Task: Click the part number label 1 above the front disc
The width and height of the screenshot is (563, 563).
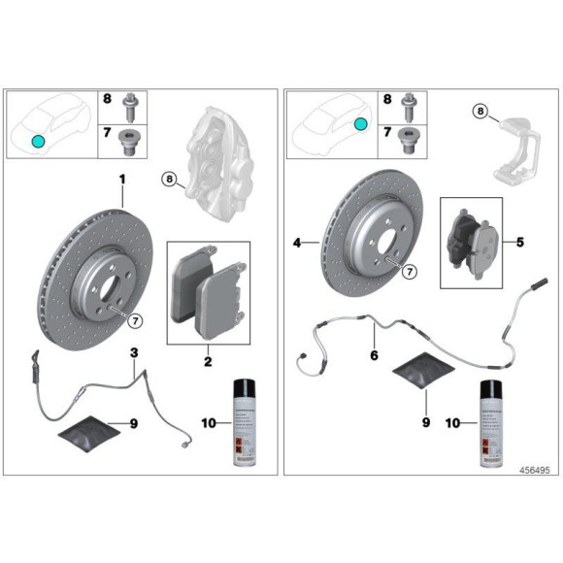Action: click(123, 180)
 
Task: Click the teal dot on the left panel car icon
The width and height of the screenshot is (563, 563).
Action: click(38, 141)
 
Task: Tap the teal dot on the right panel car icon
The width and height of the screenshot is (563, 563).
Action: click(360, 124)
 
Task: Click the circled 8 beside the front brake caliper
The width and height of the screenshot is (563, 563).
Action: click(169, 179)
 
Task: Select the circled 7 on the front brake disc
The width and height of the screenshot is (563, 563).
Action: click(135, 320)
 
